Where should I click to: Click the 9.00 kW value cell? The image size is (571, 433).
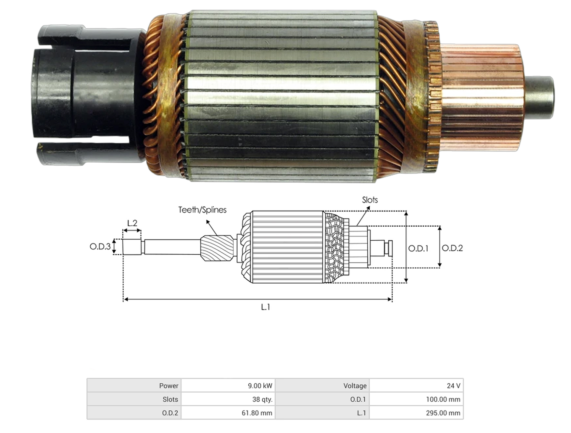click(228, 386)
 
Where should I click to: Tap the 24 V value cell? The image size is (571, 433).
click(417, 386)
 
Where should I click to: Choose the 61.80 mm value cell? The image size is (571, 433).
click(228, 413)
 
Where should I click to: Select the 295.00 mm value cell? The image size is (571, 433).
click(417, 413)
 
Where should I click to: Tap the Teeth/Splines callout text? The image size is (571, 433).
click(202, 210)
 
